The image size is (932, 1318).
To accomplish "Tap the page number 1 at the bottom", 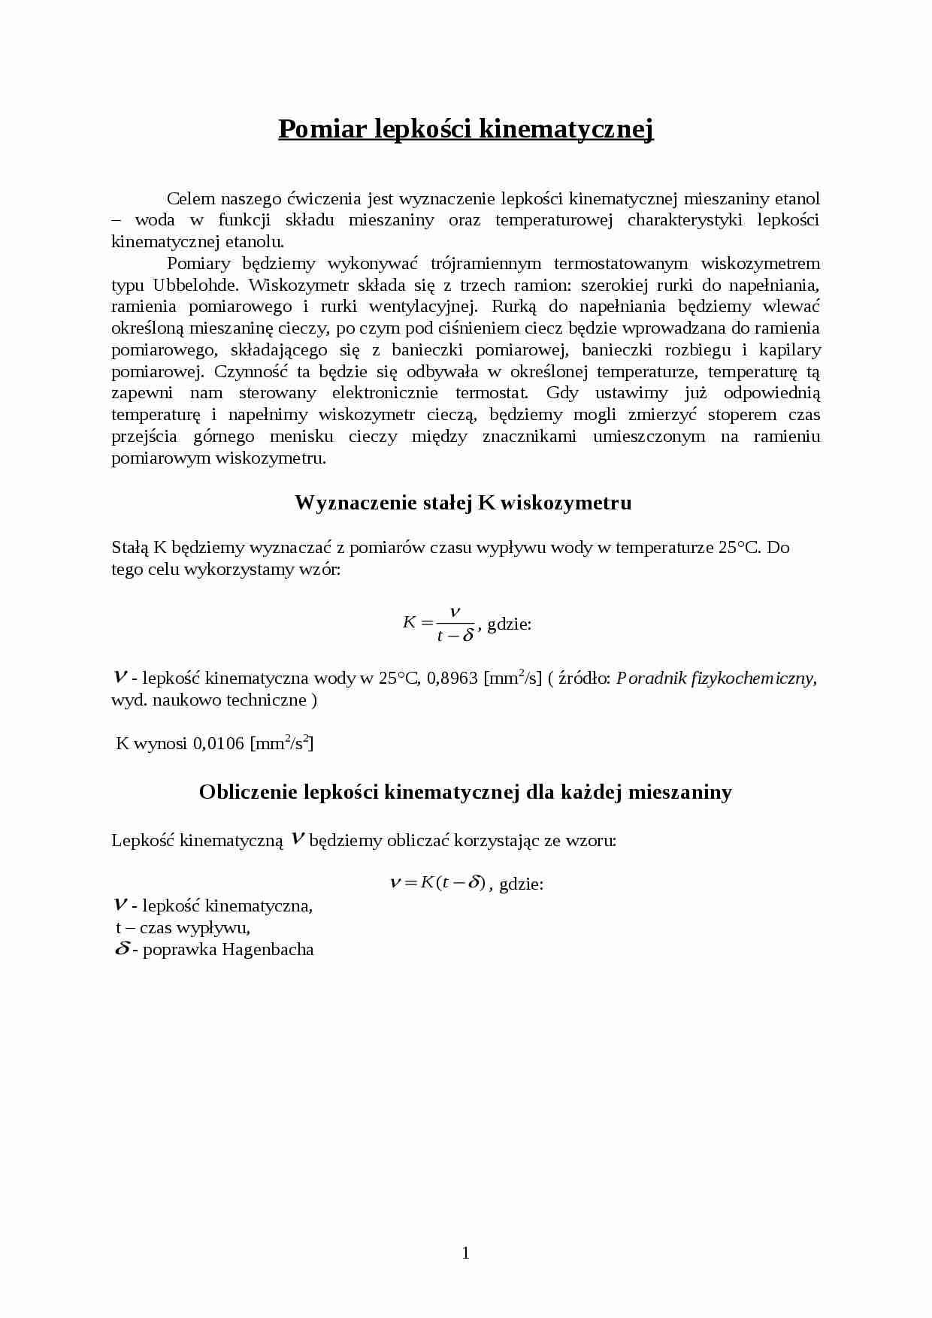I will pyautogui.click(x=465, y=1252).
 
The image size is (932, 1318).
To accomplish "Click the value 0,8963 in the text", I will pyautogui.click(x=452, y=679).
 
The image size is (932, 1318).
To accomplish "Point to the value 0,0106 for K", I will pyautogui.click(x=219, y=744).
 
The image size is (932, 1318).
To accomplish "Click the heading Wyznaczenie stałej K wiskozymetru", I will pyautogui.click(x=463, y=503).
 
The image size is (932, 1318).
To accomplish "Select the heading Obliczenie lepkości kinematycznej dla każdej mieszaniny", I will pyautogui.click(x=465, y=792).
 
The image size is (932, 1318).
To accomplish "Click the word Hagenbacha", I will pyautogui.click(x=268, y=950).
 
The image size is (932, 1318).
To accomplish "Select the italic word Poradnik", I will pyautogui.click(x=648, y=679).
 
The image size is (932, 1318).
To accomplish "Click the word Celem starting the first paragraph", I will pyautogui.click(x=191, y=198).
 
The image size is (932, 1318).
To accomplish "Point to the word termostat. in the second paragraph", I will pyautogui.click(x=492, y=393).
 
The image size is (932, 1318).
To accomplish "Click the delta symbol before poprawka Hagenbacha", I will pyautogui.click(x=122, y=949).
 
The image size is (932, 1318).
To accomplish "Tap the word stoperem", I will pyautogui.click(x=743, y=415).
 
